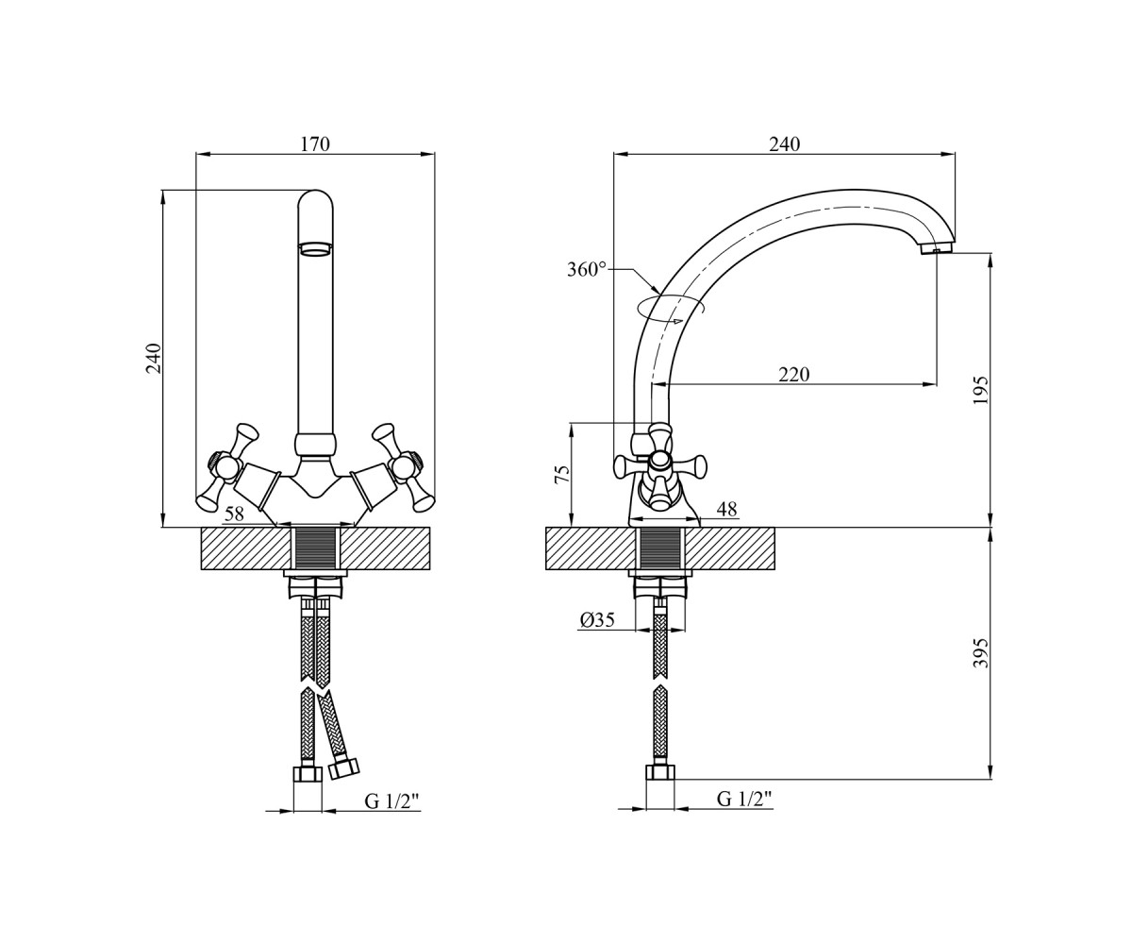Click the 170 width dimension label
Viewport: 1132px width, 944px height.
click(x=315, y=144)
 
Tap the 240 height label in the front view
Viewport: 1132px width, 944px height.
click(x=154, y=358)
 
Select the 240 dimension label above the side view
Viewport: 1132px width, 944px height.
click(x=785, y=144)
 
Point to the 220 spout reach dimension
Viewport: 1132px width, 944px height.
click(x=793, y=375)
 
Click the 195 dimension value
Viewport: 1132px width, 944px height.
click(x=981, y=390)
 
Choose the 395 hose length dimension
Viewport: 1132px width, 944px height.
click(x=981, y=653)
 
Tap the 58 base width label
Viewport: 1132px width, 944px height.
click(x=234, y=514)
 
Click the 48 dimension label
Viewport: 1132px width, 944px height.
click(x=726, y=509)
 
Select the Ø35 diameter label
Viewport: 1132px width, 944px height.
click(x=597, y=620)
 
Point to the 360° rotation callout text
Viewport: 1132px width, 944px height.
click(x=587, y=269)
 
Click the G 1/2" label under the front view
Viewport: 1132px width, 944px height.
click(x=392, y=801)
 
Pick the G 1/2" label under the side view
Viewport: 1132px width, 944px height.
click(x=744, y=800)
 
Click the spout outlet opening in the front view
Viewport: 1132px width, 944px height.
click(x=315, y=248)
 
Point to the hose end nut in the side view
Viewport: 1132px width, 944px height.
click(x=660, y=772)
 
